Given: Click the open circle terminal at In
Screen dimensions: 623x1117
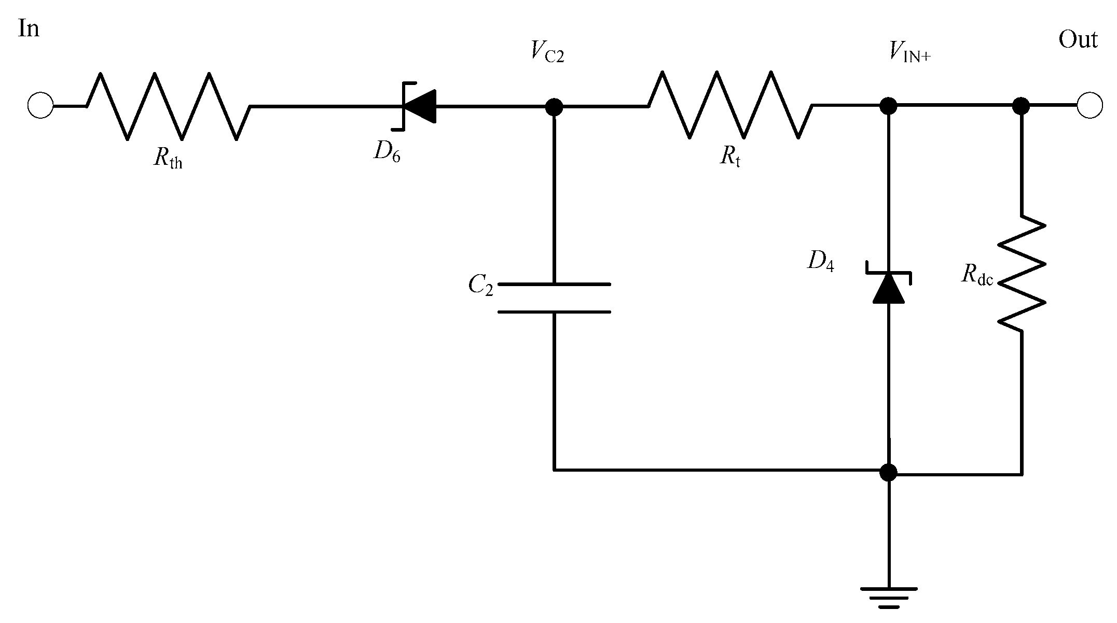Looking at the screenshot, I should [40, 106].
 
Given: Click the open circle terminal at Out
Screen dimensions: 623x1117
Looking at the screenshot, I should [1090, 106].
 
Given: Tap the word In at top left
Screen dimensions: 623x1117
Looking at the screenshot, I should [29, 29].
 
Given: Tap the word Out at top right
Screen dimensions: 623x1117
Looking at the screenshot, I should [1078, 40].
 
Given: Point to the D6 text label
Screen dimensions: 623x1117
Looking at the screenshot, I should [387, 151].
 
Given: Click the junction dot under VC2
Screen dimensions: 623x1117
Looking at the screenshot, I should [554, 107].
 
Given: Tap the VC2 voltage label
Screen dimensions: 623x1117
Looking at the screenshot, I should [547, 52].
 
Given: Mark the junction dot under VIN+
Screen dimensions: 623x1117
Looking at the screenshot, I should [888, 106].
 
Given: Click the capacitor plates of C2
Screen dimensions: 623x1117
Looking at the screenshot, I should [554, 298].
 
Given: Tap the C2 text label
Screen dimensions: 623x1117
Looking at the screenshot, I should [480, 285].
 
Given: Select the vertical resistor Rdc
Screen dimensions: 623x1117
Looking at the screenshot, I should [1022, 273].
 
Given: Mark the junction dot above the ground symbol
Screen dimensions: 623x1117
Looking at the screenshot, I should [888, 472].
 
